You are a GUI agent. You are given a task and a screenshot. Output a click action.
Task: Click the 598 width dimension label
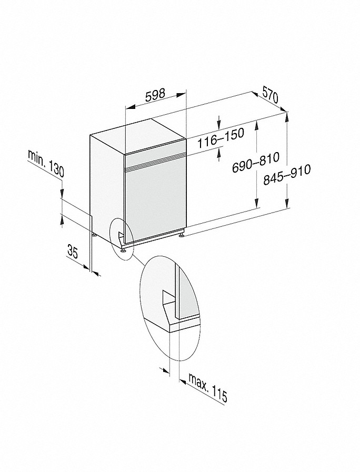point(155,95)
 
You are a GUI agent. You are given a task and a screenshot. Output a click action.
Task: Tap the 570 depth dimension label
point(271,95)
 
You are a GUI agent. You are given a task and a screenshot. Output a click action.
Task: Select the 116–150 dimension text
point(221,138)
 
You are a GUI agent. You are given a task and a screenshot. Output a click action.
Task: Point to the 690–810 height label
point(256,163)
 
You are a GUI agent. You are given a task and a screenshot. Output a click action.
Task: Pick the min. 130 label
point(46,163)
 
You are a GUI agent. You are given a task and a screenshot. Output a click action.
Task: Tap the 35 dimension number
point(73,252)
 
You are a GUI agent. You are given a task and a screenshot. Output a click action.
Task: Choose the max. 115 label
point(208,387)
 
